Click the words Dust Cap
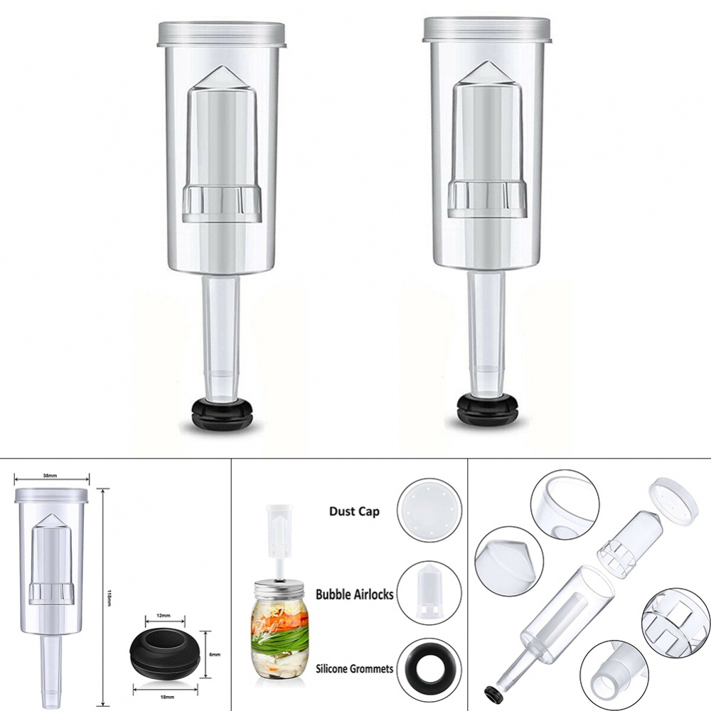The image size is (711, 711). (354, 510)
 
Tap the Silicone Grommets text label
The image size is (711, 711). (354, 668)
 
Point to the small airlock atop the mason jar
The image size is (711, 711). (278, 530)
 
